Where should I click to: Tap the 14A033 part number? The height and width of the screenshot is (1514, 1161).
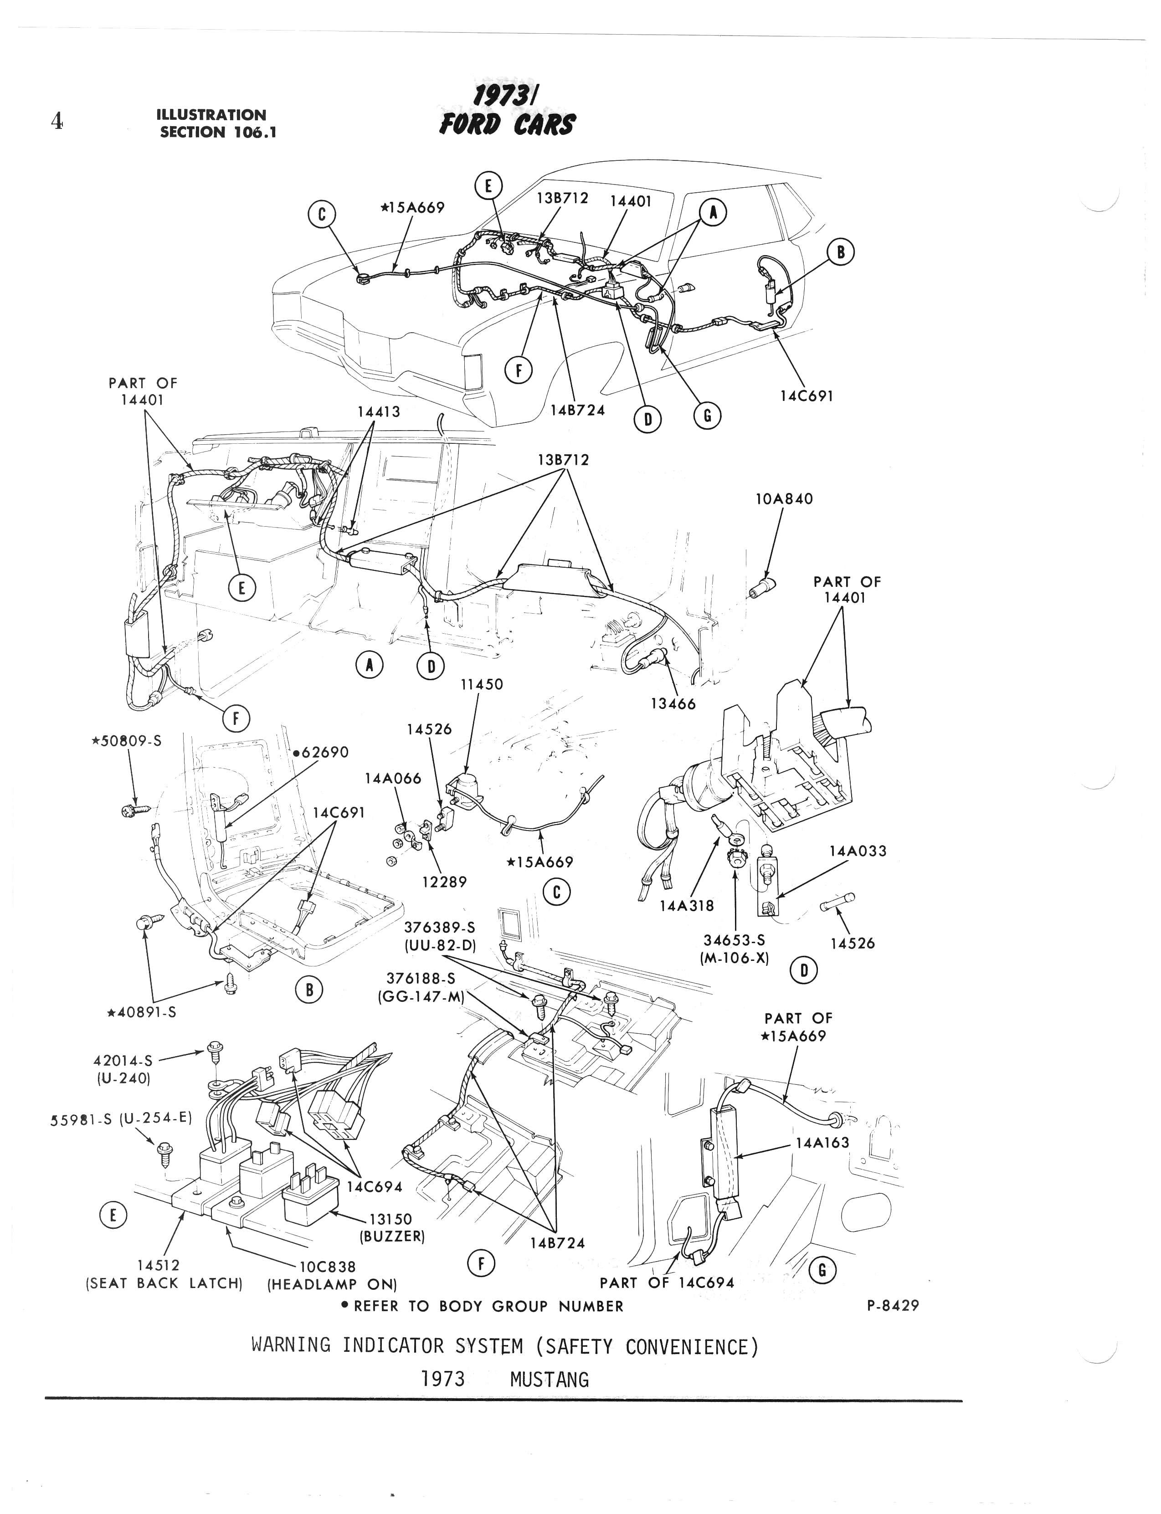point(858,852)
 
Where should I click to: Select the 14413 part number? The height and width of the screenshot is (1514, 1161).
point(378,412)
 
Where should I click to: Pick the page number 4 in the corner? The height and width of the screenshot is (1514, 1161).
point(57,122)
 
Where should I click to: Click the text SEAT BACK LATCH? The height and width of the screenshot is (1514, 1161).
point(164,1284)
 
